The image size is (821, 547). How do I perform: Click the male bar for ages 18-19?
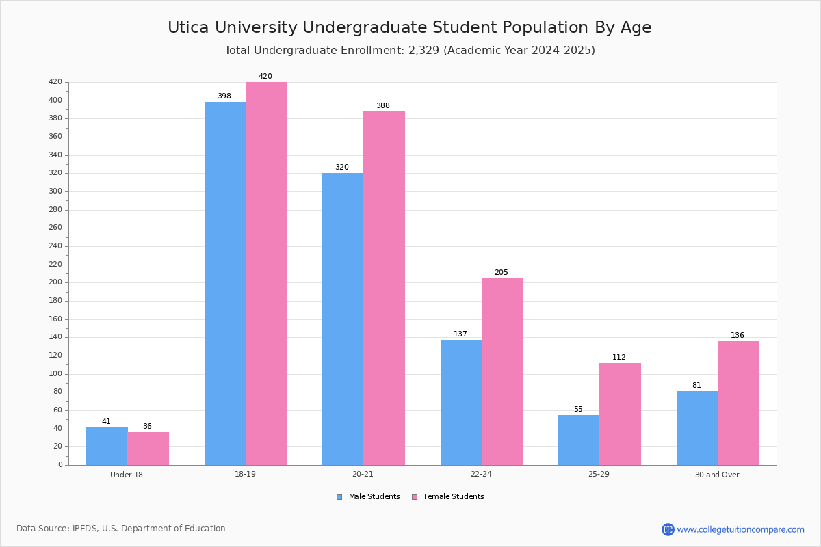225,284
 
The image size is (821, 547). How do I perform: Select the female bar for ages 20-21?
384,289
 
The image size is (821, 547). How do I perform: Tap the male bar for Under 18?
107,446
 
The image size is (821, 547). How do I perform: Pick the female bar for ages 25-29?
620,414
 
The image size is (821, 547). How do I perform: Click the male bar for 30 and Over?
697,428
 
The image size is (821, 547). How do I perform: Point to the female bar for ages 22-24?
502,372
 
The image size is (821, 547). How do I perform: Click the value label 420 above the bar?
265,76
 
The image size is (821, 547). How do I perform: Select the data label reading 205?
501,272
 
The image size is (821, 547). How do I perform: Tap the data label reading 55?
578,409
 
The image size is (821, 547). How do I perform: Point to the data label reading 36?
147,426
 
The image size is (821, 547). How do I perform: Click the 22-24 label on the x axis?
481,474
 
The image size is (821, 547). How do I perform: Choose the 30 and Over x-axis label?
717,475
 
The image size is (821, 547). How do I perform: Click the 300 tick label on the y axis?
55,191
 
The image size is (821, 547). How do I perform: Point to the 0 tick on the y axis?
60,464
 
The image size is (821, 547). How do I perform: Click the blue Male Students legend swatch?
339,497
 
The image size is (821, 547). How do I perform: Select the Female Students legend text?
454,496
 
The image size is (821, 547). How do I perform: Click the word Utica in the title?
188,27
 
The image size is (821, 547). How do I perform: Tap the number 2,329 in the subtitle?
423,50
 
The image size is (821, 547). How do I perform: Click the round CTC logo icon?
668,529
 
